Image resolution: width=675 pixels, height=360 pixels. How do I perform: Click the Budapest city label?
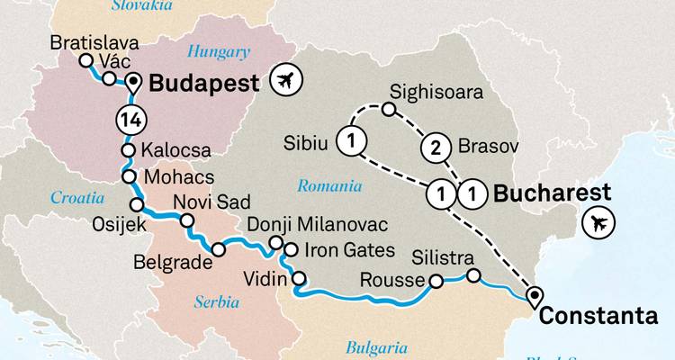[203, 84]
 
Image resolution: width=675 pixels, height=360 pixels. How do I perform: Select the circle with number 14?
[129, 119]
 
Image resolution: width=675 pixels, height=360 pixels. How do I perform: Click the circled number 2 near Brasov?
[436, 149]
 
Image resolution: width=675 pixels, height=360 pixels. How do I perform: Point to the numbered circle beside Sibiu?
[350, 140]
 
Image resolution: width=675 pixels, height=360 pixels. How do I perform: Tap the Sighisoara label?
[436, 92]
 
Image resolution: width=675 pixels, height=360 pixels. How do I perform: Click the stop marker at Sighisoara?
[388, 110]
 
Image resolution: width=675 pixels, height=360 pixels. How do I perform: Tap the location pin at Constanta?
[535, 294]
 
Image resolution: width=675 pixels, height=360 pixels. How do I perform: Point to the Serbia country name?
[218, 302]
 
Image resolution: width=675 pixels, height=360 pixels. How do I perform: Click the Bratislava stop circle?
[86, 61]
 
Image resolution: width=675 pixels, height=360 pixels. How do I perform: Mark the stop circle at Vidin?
[298, 278]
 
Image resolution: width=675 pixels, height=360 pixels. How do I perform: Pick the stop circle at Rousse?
[436, 282]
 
